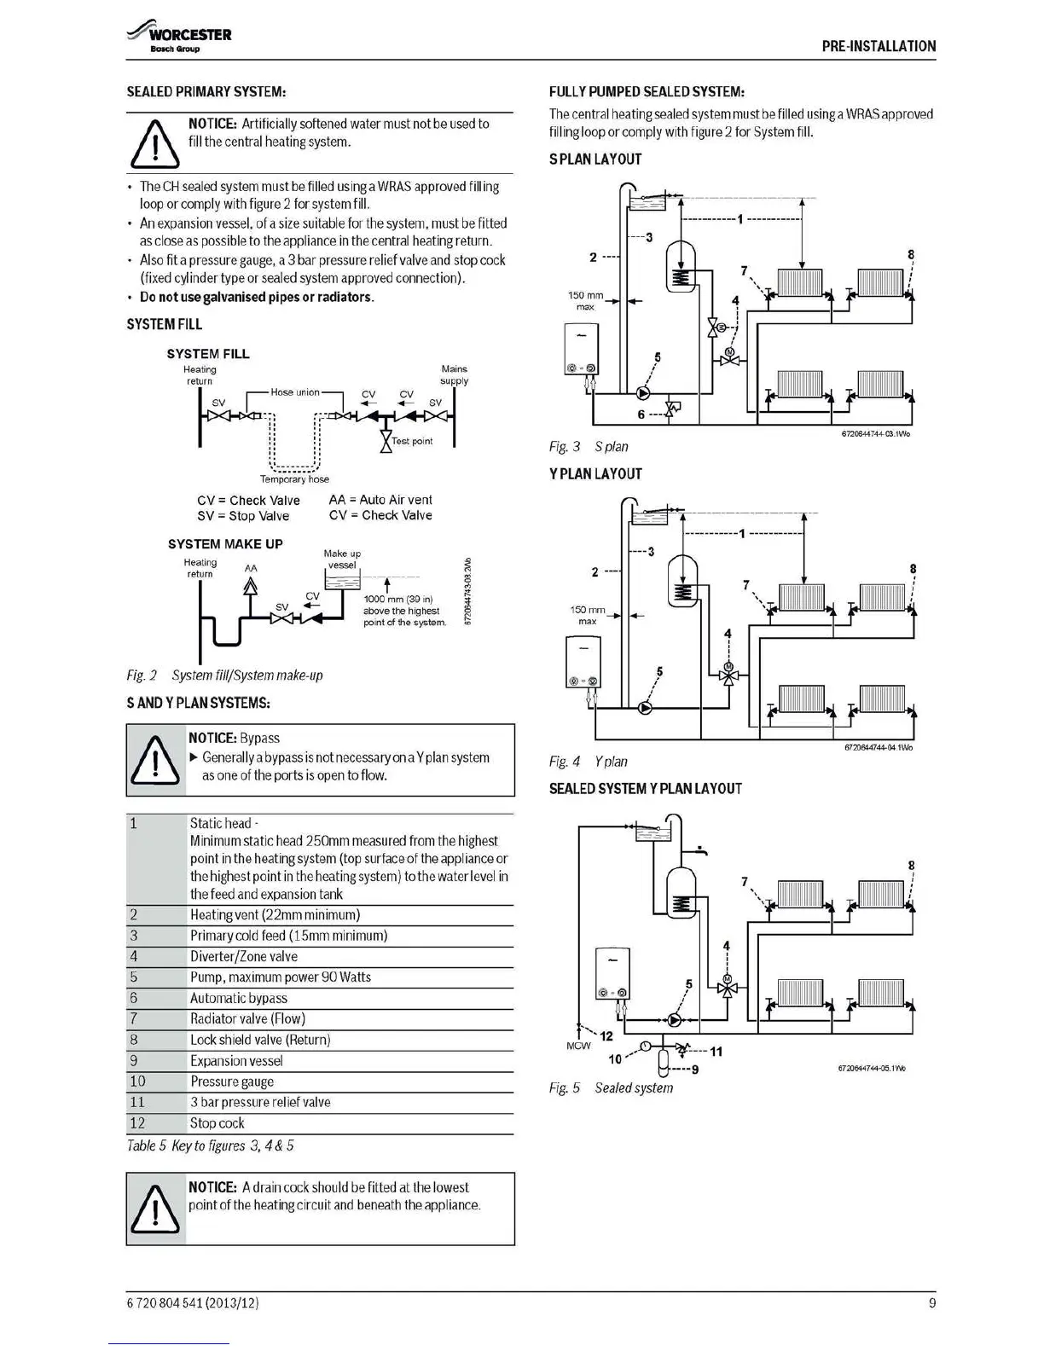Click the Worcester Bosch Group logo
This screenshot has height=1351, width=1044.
pyautogui.click(x=179, y=39)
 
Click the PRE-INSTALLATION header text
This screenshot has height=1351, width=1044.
pyautogui.click(x=879, y=46)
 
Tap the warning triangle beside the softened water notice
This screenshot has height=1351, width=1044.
pyautogui.click(x=154, y=144)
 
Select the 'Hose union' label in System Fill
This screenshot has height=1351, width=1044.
pyautogui.click(x=295, y=392)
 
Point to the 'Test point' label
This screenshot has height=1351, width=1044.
pyautogui.click(x=412, y=441)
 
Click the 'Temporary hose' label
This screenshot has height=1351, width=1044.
pyautogui.click(x=294, y=479)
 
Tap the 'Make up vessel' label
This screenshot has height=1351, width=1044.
pyautogui.click(x=342, y=559)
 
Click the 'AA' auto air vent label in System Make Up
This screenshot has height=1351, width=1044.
pyautogui.click(x=251, y=568)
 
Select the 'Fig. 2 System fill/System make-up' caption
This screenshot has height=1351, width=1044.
pyautogui.click(x=224, y=675)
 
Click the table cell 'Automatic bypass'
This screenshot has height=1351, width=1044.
pyautogui.click(x=239, y=998)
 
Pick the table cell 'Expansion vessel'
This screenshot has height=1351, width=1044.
pyautogui.click(x=236, y=1061)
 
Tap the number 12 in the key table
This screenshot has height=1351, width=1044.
pyautogui.click(x=137, y=1123)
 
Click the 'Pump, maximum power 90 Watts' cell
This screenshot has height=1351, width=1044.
pyautogui.click(x=281, y=977)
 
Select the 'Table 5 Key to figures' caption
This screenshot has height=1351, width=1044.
pyautogui.click(x=210, y=1145)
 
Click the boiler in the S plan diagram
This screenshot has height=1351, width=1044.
pyautogui.click(x=581, y=350)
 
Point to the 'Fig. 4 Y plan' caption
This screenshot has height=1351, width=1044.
pyautogui.click(x=588, y=762)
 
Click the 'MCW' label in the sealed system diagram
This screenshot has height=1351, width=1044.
pyautogui.click(x=578, y=1046)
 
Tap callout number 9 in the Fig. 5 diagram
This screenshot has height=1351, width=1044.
pyautogui.click(x=695, y=1070)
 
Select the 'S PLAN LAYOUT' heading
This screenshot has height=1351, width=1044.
pyautogui.click(x=594, y=159)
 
